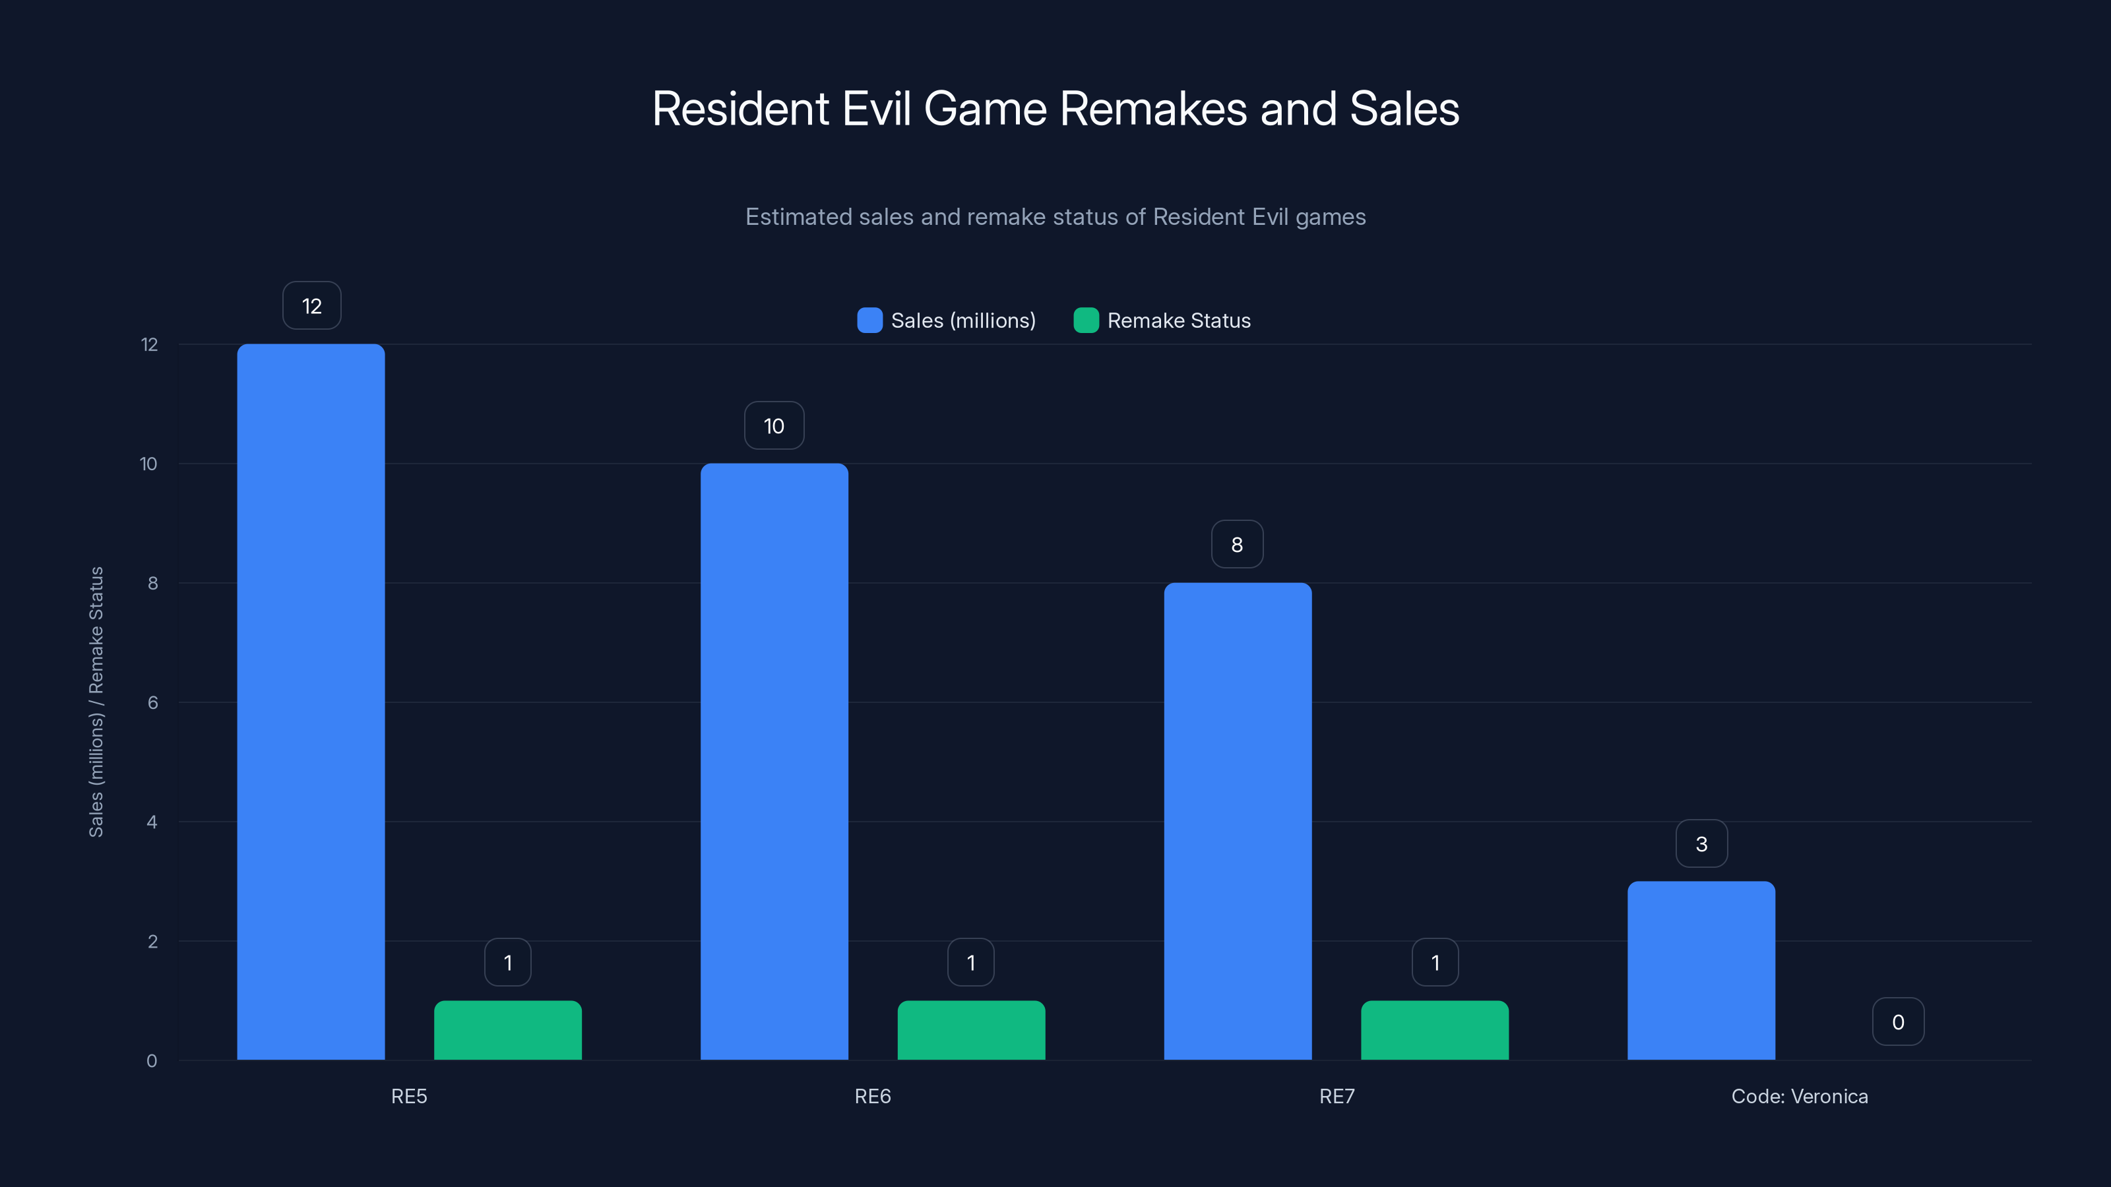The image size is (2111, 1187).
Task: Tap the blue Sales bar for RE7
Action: click(1238, 821)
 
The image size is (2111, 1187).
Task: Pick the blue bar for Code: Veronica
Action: click(1701, 970)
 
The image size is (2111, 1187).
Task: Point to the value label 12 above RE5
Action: click(311, 305)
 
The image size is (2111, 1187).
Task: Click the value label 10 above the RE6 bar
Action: click(774, 425)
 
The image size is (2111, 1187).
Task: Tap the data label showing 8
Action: click(1238, 544)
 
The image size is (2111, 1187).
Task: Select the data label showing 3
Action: click(1701, 844)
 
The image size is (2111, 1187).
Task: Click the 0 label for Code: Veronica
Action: click(1898, 1021)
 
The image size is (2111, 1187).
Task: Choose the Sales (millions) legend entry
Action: click(947, 320)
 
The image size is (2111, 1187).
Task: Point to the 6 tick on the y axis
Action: click(152, 702)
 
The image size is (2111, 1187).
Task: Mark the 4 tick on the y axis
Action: click(152, 822)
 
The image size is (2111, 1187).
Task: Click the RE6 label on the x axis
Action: click(872, 1096)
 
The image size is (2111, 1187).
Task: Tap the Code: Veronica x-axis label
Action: click(1800, 1096)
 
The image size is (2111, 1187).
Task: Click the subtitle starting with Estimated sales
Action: click(1055, 216)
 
